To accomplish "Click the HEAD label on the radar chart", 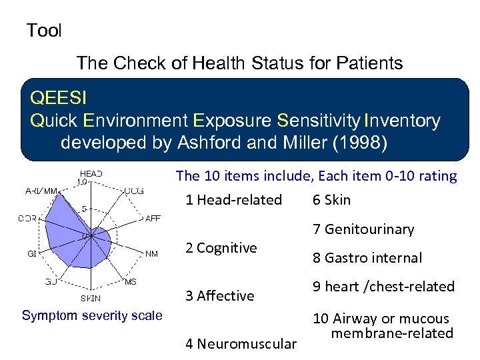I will [91, 173].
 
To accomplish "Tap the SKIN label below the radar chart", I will [91, 298].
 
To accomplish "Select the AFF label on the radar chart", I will [153, 218].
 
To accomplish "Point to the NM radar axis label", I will [151, 253].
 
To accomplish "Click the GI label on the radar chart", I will [31, 253].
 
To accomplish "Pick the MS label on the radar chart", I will [130, 281].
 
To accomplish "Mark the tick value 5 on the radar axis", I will [83, 208].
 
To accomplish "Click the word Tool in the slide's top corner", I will [43, 31].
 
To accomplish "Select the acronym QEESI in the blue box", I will [58, 99].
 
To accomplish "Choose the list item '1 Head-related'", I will [233, 200].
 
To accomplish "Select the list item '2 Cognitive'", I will [221, 248].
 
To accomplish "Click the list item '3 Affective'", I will [219, 296].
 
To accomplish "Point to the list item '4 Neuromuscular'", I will [241, 344].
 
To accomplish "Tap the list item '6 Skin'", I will [331, 200].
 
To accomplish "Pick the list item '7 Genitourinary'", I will [363, 229].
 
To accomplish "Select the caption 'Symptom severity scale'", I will [92, 315].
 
